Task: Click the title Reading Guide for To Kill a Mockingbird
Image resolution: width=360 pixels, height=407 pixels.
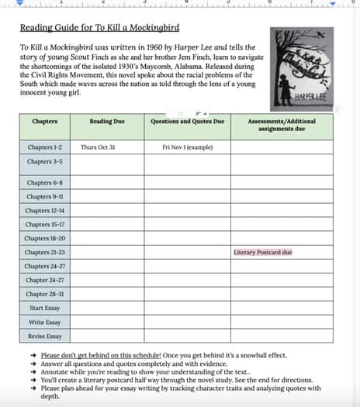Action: click(99, 29)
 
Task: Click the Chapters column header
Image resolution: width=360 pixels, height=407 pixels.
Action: click(44, 122)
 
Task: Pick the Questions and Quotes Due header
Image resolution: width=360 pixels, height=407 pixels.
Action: click(186, 122)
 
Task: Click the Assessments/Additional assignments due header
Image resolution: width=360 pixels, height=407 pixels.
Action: click(282, 125)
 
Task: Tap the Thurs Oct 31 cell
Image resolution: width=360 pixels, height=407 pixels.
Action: click(98, 147)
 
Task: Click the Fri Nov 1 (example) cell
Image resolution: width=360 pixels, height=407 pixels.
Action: click(186, 147)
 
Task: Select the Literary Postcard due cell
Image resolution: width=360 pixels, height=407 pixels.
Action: click(263, 252)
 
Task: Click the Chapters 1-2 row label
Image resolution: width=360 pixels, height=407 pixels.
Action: click(45, 147)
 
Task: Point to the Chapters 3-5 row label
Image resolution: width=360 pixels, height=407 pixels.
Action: click(45, 161)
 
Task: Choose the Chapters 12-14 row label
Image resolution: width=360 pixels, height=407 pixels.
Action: click(44, 210)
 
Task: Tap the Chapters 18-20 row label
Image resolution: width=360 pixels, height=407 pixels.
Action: click(44, 238)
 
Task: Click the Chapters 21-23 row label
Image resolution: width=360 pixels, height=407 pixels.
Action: click(44, 252)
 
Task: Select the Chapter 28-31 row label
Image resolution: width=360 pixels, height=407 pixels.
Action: click(44, 294)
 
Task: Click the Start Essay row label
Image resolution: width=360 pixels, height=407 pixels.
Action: click(44, 308)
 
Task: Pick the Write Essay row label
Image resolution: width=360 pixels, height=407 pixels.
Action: click(44, 322)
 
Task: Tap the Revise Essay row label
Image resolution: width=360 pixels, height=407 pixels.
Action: click(44, 336)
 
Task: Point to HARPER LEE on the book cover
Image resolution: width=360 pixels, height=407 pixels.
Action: click(310, 98)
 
